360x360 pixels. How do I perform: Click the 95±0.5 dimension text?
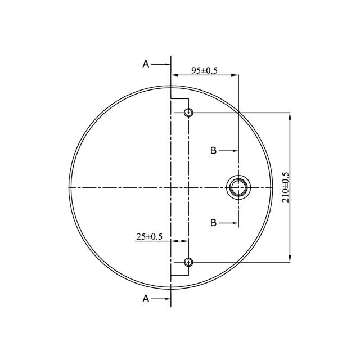(x=204, y=70)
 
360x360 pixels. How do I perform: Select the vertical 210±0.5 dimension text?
(x=285, y=187)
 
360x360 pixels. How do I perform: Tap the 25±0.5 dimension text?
(x=149, y=237)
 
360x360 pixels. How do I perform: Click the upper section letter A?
(x=146, y=64)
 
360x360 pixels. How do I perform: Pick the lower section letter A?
(x=146, y=299)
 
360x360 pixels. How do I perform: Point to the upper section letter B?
(x=213, y=150)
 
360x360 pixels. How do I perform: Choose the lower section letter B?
(x=213, y=223)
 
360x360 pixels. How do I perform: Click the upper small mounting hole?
(x=188, y=112)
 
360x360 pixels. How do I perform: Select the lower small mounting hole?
(x=188, y=262)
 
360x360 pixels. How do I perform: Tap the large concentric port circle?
(x=238, y=187)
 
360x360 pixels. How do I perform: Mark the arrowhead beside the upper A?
(x=166, y=64)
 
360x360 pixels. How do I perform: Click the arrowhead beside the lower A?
(x=166, y=299)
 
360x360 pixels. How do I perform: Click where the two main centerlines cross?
(x=170, y=187)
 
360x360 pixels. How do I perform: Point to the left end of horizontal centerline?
(x=69, y=187)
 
